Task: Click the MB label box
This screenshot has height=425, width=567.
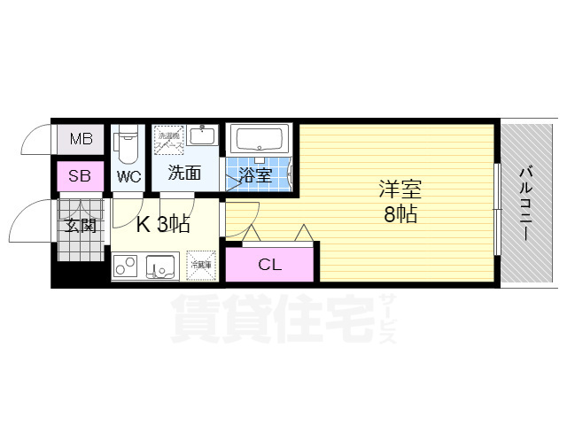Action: point(81,139)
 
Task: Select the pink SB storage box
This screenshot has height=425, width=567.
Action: point(81,176)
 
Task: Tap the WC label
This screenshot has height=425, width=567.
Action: point(128,176)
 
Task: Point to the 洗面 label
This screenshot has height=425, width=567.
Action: point(185,174)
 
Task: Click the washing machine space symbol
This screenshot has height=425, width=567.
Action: point(168,140)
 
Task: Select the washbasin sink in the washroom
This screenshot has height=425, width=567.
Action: point(203,137)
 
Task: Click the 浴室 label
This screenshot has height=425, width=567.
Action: point(257,175)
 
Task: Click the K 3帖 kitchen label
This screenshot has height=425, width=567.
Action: point(163,224)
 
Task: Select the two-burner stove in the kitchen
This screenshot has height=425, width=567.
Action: point(126,265)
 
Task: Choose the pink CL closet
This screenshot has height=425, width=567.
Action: point(270,264)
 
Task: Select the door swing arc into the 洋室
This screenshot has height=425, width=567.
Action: point(239,217)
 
